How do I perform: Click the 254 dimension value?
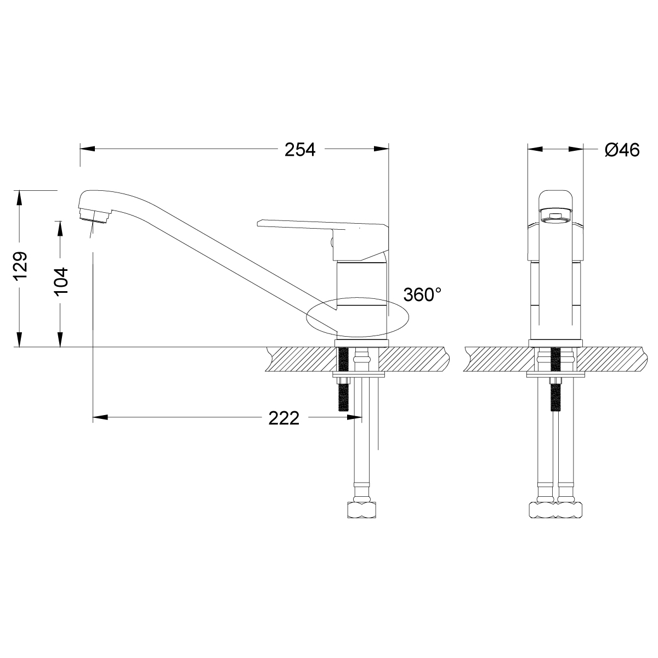coord(300,149)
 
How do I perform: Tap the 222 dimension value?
coord(284,418)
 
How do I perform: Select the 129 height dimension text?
coord(20,266)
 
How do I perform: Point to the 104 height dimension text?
coord(61,281)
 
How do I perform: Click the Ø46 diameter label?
coord(622,150)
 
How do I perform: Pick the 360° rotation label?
coord(422,294)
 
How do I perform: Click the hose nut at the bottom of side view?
coord(362,510)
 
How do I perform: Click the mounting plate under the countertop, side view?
coord(360,376)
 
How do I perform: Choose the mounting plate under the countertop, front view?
coord(555,376)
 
